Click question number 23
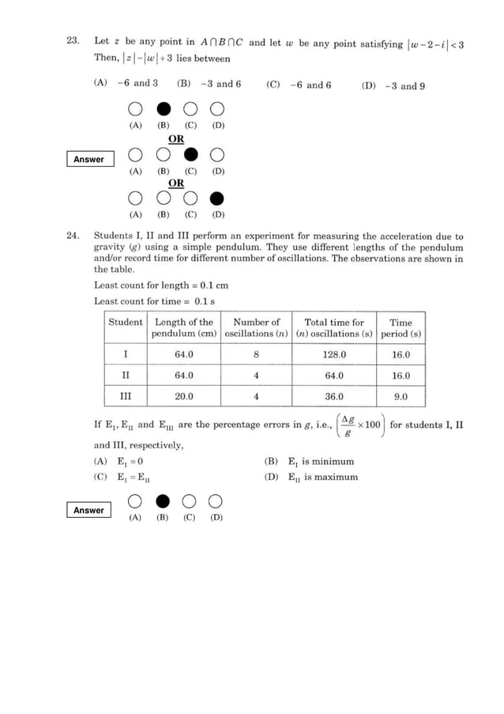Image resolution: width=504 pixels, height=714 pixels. [x=72, y=42]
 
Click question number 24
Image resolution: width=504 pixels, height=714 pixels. [x=72, y=236]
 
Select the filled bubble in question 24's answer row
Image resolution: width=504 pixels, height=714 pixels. [x=163, y=500]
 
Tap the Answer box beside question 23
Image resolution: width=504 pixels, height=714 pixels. [x=88, y=160]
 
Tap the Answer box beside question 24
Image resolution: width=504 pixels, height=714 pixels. [x=88, y=510]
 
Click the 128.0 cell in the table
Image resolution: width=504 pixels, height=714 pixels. [x=334, y=355]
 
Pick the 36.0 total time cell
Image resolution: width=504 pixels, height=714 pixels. [x=334, y=396]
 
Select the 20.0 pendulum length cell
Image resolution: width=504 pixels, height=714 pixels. [x=184, y=396]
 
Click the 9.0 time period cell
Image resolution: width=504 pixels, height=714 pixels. [x=401, y=396]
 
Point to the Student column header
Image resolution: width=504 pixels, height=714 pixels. [x=126, y=323]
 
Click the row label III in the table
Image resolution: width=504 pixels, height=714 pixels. [x=126, y=396]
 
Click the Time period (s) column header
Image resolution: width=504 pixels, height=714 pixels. [x=401, y=328]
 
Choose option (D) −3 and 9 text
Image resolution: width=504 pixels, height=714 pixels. [x=393, y=86]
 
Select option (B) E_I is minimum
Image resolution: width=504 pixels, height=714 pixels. [x=309, y=461]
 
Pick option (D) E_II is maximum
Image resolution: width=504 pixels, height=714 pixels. [x=310, y=477]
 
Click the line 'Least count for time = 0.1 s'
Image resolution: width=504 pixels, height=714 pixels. [x=155, y=301]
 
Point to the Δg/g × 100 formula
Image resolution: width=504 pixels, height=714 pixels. [x=360, y=425]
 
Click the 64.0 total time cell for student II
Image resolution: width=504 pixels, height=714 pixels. [x=334, y=376]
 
